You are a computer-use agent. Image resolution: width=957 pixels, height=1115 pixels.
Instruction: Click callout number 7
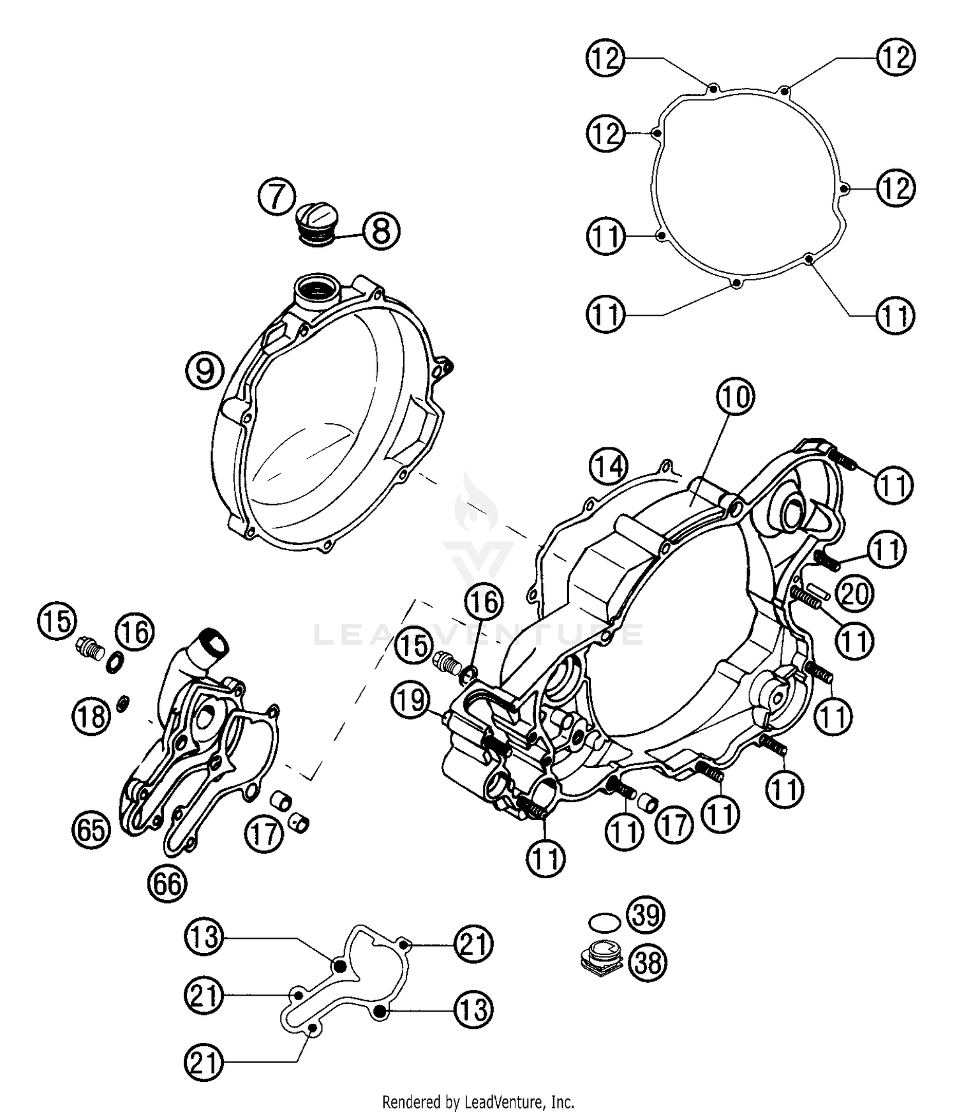click(277, 197)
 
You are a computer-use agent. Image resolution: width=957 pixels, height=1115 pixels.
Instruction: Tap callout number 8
click(381, 231)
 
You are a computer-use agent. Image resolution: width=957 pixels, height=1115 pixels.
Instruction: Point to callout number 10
click(735, 396)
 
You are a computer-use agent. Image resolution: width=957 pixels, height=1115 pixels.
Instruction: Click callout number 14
click(608, 467)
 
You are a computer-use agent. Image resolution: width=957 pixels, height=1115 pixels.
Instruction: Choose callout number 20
click(855, 594)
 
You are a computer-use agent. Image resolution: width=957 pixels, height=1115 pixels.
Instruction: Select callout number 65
click(91, 830)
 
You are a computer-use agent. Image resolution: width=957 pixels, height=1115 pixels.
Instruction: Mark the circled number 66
click(167, 884)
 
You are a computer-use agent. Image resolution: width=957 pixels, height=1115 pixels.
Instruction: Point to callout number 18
click(91, 715)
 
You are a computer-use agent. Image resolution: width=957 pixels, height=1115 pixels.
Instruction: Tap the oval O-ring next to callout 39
click(604, 922)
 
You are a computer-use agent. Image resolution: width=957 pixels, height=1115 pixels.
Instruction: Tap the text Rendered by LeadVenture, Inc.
click(478, 1102)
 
